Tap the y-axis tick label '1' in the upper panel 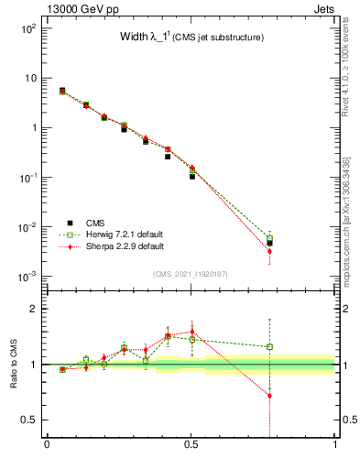tap(33, 127)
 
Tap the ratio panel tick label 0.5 tap(29, 419)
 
